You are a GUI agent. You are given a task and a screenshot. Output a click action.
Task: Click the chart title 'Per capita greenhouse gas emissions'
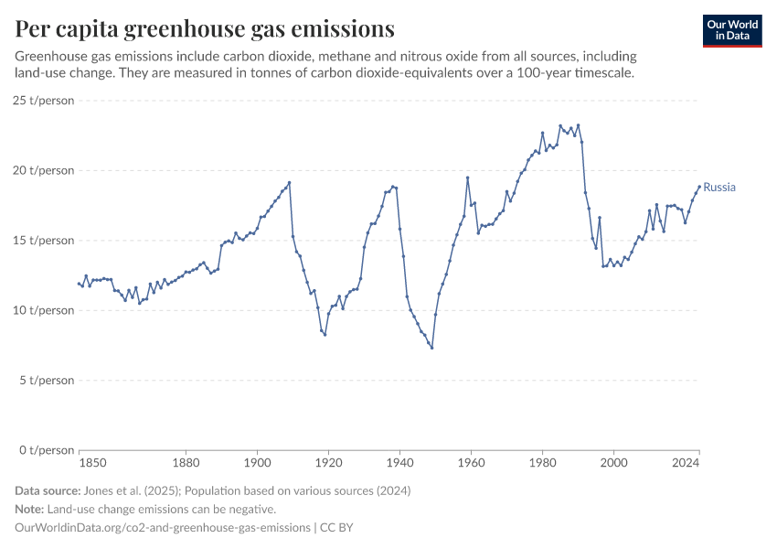coord(205,29)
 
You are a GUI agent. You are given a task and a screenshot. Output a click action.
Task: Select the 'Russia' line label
coord(719,188)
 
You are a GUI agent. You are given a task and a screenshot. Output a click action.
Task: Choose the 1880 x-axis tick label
coord(186,464)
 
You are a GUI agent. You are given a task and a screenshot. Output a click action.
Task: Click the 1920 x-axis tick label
coord(328,464)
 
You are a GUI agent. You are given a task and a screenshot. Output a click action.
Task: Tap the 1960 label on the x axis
coord(471,464)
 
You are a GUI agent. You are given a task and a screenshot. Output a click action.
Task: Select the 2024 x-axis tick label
coord(686,464)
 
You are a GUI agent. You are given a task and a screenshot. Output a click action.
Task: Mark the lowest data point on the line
coord(431,348)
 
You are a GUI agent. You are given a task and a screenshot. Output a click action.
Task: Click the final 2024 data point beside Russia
coord(699,187)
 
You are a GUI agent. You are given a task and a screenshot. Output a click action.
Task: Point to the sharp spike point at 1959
coord(467,178)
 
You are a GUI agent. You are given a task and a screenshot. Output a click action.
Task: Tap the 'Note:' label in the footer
coord(31,510)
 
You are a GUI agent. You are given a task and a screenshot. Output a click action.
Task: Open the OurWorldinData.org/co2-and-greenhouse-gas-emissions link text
coord(163,528)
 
